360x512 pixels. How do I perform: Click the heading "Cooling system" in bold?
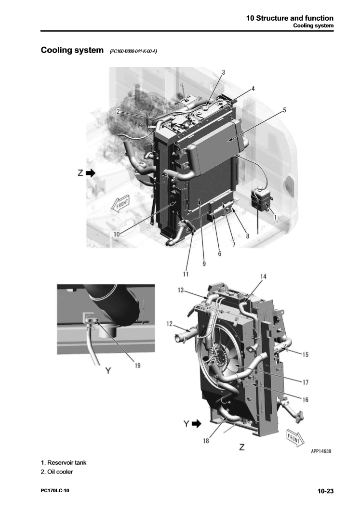(x=72, y=50)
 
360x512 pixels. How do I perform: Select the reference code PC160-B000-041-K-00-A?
(x=133, y=51)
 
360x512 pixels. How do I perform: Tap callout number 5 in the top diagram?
(x=284, y=110)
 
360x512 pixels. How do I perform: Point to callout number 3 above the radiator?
(x=224, y=73)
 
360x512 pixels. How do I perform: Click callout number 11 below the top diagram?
(x=186, y=274)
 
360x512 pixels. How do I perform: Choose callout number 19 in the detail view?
(x=137, y=366)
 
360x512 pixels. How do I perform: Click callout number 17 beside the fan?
(x=306, y=382)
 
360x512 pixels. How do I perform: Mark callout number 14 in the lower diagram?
(x=263, y=276)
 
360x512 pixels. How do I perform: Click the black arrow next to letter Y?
(x=196, y=424)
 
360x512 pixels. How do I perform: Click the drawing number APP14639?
(x=321, y=451)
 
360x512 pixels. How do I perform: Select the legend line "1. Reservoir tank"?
(x=64, y=462)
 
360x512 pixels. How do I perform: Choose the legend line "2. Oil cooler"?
(x=57, y=472)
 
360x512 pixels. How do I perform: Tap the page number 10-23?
(x=325, y=491)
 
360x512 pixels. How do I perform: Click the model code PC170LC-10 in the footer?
(x=55, y=491)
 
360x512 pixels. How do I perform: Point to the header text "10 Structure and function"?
(x=290, y=18)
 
